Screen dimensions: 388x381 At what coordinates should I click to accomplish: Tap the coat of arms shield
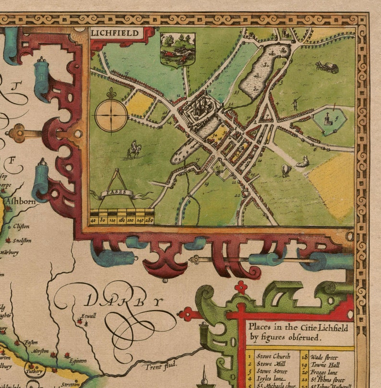pos(178,49)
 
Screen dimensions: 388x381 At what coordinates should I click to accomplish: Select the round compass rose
pos(111,115)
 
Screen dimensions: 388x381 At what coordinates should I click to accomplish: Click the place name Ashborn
pos(20,202)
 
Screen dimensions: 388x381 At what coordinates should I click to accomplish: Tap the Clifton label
pos(21,226)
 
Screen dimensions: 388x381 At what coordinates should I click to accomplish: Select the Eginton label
pos(77,360)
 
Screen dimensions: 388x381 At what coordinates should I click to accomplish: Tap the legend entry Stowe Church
pos(274,356)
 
